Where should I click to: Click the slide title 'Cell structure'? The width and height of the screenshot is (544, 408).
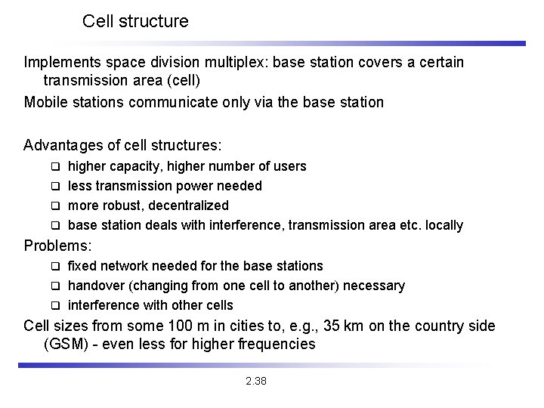click(x=135, y=21)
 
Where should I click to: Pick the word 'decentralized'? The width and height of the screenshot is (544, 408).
click(x=188, y=206)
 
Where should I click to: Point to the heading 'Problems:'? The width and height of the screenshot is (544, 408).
click(x=58, y=245)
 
